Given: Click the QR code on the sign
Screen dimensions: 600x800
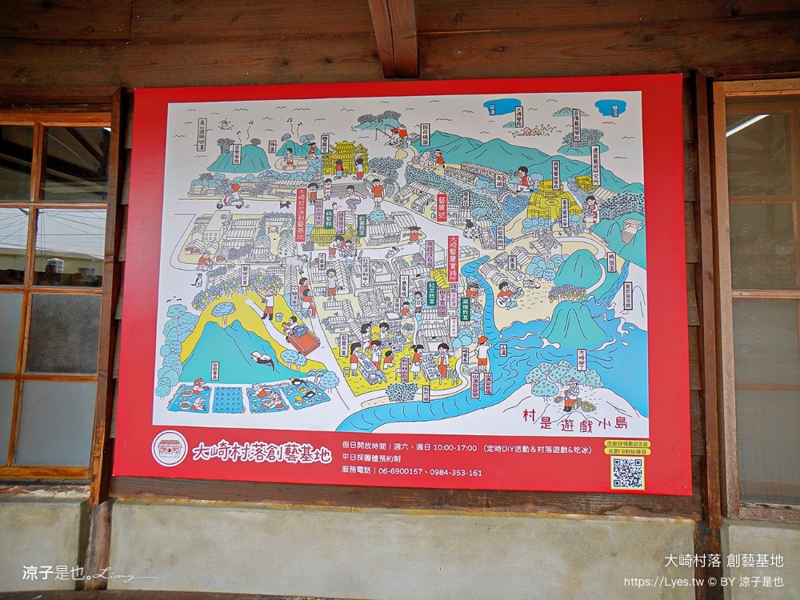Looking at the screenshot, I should tap(627, 472).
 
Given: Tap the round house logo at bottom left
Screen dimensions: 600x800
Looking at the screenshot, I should tap(169, 449).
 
